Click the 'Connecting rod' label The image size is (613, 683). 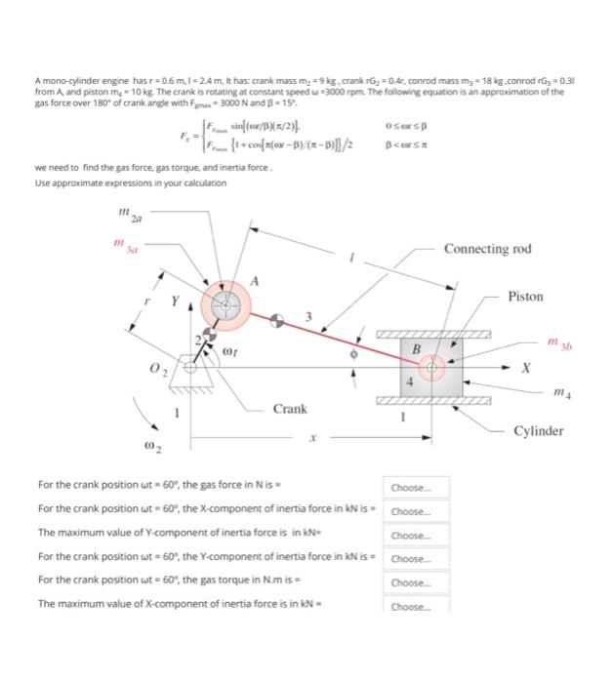coord(488,249)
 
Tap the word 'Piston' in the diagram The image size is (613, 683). coord(525,296)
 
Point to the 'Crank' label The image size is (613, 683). coord(291,409)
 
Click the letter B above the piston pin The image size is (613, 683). coord(415,348)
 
